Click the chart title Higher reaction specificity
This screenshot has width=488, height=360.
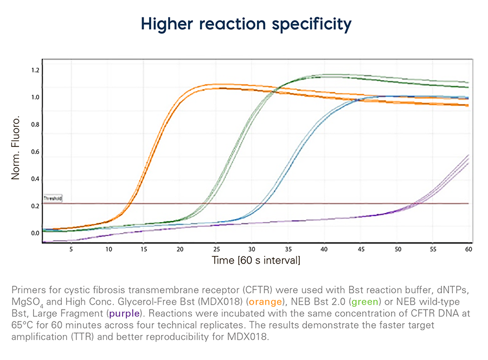pos(246,24)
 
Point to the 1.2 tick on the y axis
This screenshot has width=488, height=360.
pos(35,70)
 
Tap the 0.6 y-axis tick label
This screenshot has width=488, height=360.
pos(35,152)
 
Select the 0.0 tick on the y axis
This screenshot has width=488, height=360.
pos(35,234)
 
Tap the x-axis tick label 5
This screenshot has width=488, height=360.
pos(71,250)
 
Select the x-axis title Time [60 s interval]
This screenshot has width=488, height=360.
pos(256,261)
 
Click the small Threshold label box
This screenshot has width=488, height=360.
pos(53,199)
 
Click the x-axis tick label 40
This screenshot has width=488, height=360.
pos(324,250)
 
